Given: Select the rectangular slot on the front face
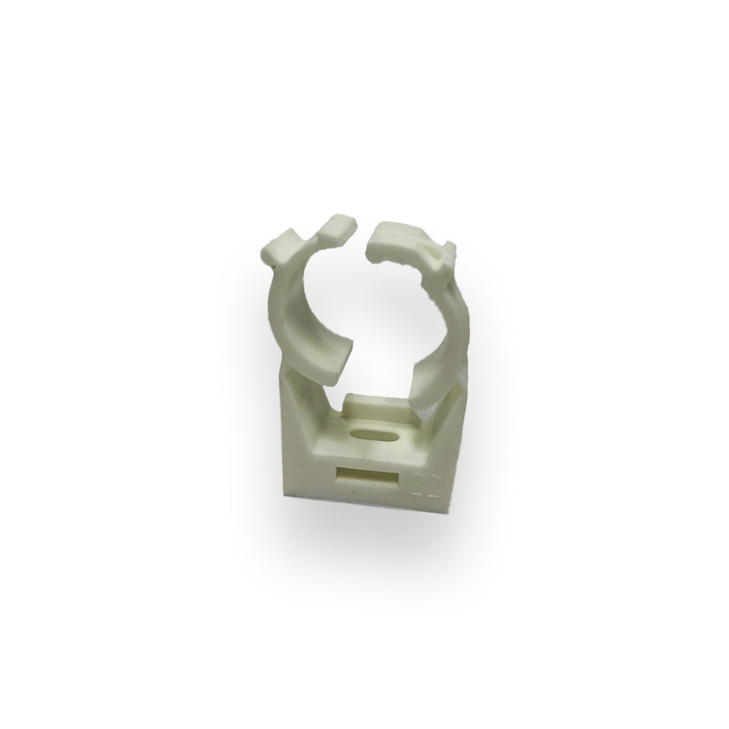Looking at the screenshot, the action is click(x=367, y=478).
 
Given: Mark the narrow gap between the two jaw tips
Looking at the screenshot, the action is click(x=363, y=230).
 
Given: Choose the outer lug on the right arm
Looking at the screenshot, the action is click(x=444, y=256).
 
